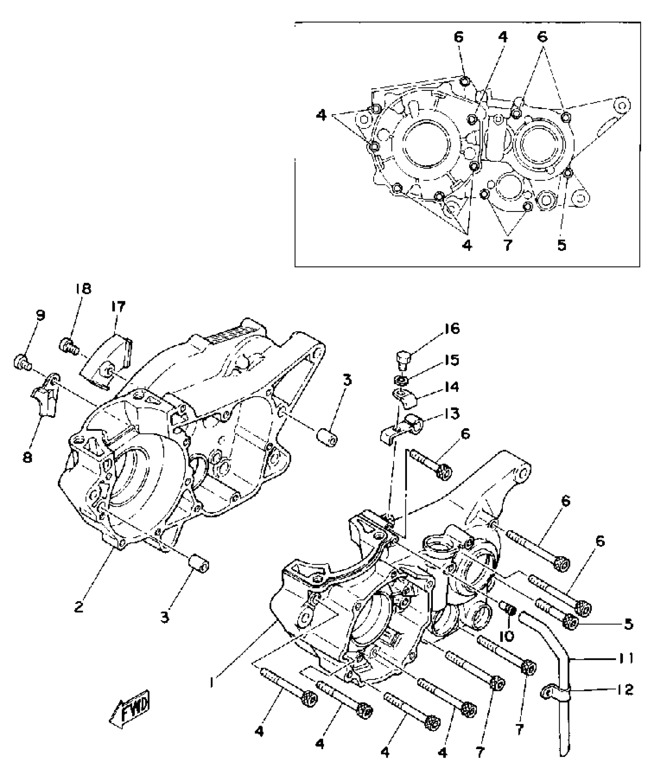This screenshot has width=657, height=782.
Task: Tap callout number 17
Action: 118,307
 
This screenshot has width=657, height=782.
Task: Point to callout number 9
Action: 40,316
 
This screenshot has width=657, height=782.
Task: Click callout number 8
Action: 27,458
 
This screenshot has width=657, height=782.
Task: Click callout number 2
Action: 79,607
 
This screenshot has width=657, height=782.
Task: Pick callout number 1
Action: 212,682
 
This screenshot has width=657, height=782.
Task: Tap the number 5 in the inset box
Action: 562,245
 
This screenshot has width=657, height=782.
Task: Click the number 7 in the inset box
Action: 507,245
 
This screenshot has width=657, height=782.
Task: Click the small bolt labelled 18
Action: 68,344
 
